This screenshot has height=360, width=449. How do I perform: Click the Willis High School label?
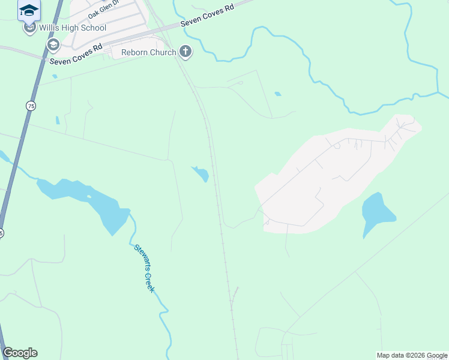pyautogui.click(x=73, y=28)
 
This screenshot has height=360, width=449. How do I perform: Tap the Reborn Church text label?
pyautogui.click(x=149, y=52)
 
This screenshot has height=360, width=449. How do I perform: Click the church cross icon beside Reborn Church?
pyautogui.click(x=185, y=52)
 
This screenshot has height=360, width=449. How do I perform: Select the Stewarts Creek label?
pyautogui.click(x=145, y=268)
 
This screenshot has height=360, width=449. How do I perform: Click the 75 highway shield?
pyautogui.click(x=31, y=106)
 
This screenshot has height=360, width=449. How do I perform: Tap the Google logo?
pyautogui.click(x=20, y=353)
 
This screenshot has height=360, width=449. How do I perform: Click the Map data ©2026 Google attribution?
pyautogui.click(x=412, y=355)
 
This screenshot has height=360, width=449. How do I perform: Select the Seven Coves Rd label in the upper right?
pyautogui.click(x=205, y=17)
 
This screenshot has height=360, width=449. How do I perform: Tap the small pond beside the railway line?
pyautogui.click(x=201, y=174)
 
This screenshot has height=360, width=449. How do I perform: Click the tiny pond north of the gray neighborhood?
pyautogui.click(x=277, y=94)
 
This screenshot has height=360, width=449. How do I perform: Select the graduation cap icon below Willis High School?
pyautogui.click(x=53, y=44)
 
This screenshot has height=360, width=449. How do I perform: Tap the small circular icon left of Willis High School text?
pyautogui.click(x=29, y=27)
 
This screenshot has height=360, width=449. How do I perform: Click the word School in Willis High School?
pyautogui.click(x=94, y=28)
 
